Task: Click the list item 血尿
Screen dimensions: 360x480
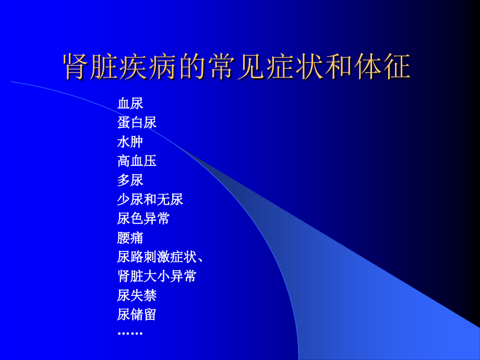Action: (130, 103)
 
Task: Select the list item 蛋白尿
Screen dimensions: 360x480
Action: (137, 123)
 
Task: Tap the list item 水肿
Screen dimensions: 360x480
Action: (130, 142)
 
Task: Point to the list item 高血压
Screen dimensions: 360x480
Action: (137, 161)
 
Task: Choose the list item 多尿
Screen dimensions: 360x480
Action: (130, 181)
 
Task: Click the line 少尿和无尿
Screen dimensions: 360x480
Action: (150, 199)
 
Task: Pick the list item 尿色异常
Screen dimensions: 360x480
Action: (143, 219)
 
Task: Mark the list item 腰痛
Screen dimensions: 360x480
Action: (130, 238)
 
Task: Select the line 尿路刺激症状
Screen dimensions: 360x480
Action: (157, 257)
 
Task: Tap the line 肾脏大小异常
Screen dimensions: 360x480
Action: (157, 276)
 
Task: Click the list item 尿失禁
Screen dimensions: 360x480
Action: (137, 295)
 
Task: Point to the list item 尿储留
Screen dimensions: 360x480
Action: (137, 315)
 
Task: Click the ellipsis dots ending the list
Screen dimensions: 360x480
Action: (130, 333)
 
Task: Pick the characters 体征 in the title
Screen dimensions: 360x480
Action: (382, 67)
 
